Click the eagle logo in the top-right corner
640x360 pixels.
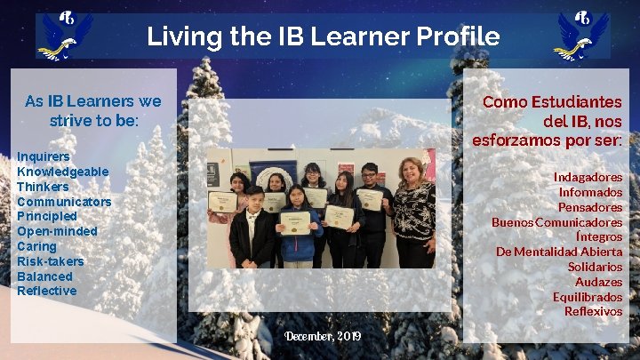click(580, 36)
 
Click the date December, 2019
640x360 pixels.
click(323, 336)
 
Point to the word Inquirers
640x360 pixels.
click(43, 156)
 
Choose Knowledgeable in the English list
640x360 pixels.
click(62, 172)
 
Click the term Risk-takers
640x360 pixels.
click(50, 261)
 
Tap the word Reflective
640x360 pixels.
click(46, 291)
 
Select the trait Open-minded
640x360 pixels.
click(57, 231)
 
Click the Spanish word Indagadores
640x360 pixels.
click(588, 177)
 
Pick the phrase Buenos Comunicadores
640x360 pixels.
click(556, 222)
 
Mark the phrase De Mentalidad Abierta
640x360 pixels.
click(559, 252)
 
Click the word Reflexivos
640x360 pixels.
click(593, 311)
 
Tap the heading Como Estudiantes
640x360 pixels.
click(552, 102)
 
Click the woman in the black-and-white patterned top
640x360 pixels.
click(413, 213)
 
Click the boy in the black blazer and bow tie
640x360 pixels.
click(253, 231)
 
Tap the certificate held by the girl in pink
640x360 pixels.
click(223, 202)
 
